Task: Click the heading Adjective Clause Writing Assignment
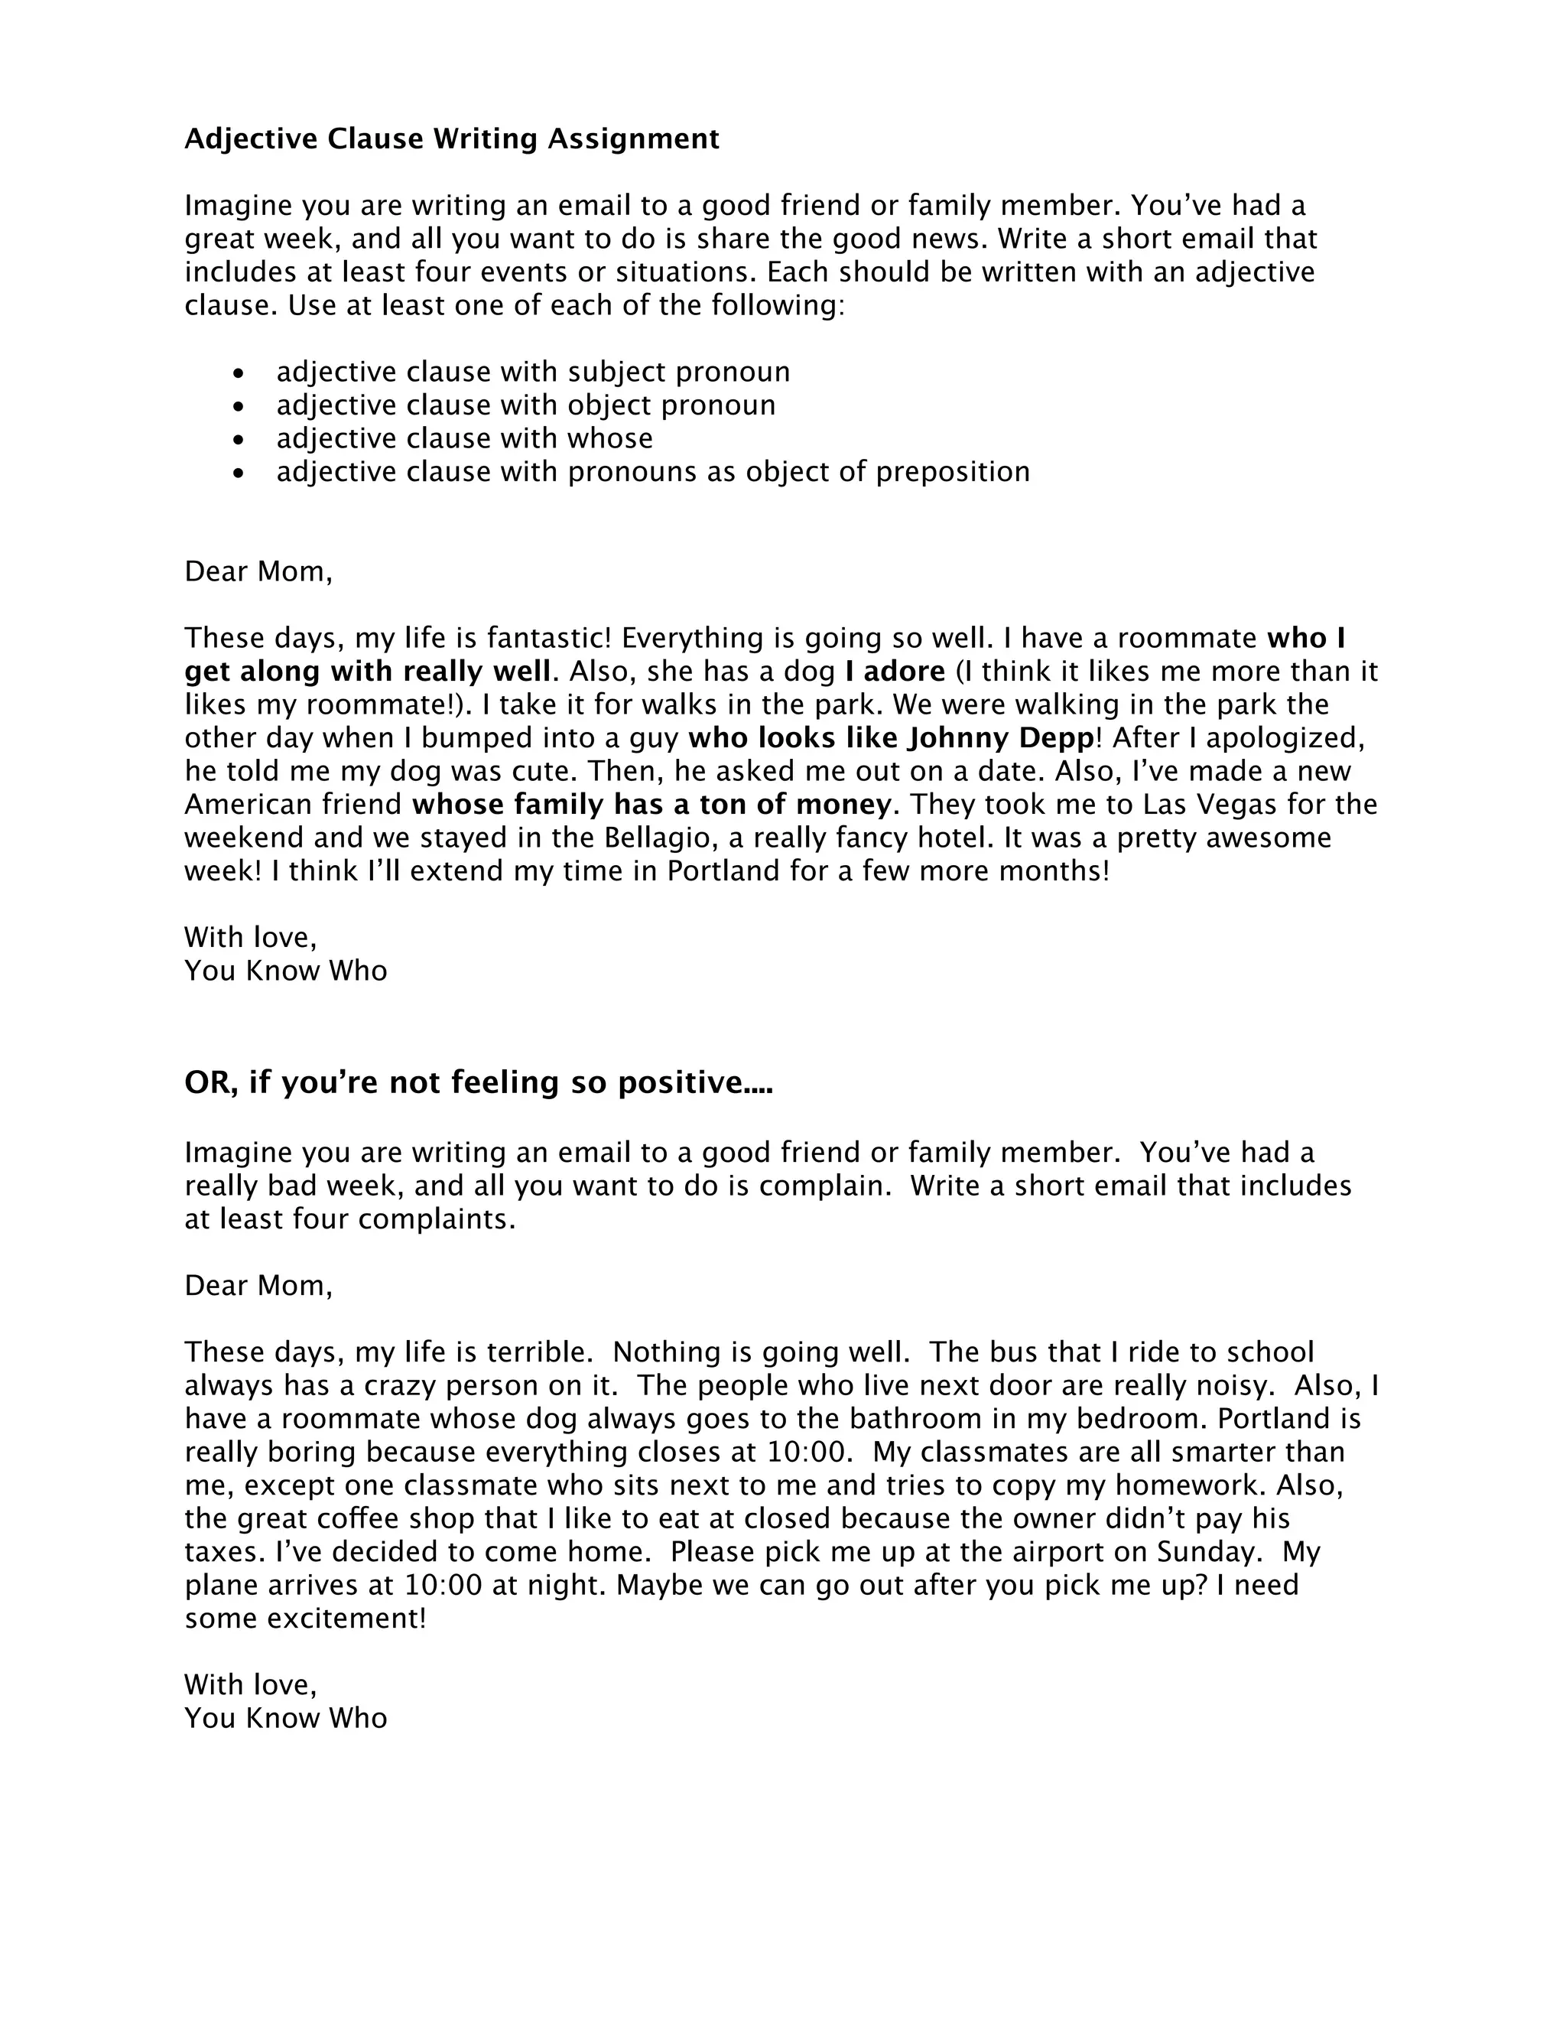tap(452, 139)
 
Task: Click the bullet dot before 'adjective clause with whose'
tap(240, 440)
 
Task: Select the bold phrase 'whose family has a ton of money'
tap(651, 804)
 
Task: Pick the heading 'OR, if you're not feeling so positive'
tap(478, 1082)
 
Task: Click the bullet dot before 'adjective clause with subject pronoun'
tap(240, 373)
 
